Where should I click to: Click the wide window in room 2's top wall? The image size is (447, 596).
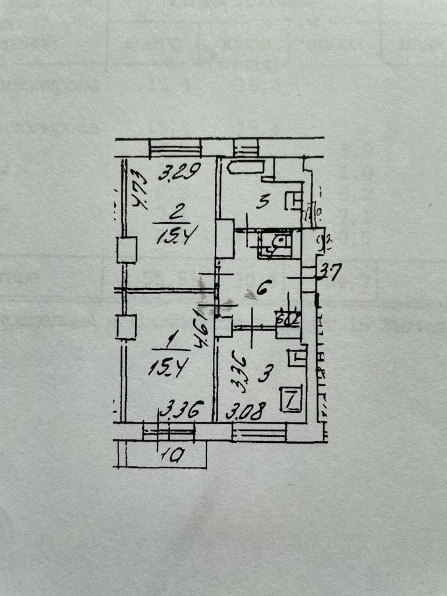pos(175,148)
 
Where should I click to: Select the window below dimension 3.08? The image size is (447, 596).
pos(259,432)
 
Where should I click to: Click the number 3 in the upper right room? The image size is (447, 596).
pos(263,203)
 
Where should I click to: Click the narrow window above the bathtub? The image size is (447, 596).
pos(246,148)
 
